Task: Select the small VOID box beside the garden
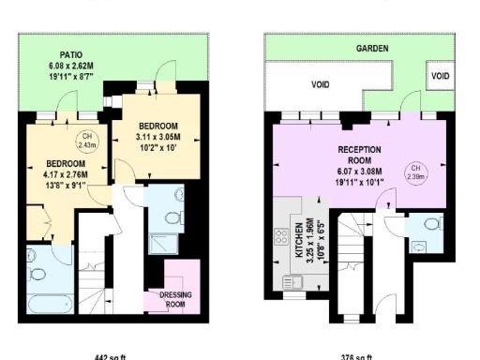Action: (439, 74)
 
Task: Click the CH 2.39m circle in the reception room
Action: (412, 173)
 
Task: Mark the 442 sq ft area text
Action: (110, 356)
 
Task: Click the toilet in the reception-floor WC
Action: (430, 225)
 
